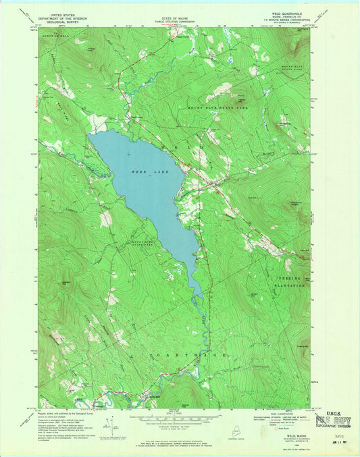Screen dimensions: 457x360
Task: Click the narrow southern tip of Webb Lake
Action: pos(198,292)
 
